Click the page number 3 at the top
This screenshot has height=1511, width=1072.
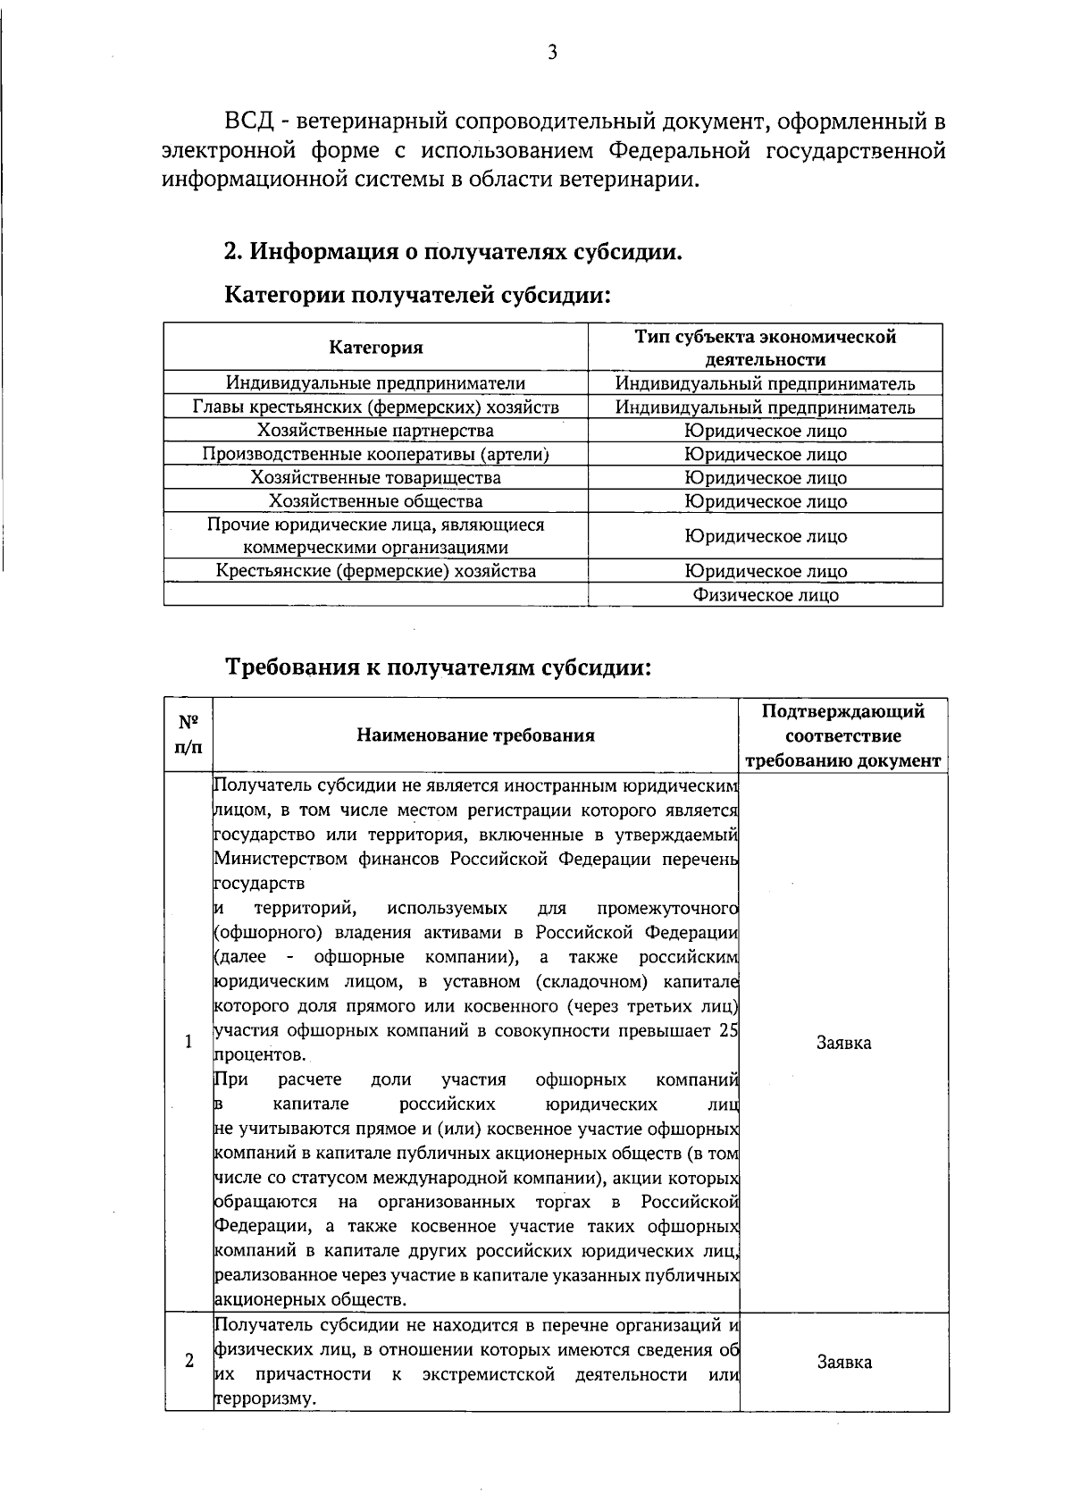pos(552,54)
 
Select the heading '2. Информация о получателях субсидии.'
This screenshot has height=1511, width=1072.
pos(453,252)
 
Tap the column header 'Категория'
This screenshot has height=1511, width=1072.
pos(376,348)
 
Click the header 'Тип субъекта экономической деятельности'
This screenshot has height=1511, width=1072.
pos(765,348)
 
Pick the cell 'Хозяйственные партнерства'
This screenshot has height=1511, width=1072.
pos(375,431)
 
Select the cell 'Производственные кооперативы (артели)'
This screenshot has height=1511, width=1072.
pos(375,454)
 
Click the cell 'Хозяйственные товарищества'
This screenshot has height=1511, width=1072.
pos(375,477)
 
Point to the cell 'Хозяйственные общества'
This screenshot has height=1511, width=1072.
pos(375,501)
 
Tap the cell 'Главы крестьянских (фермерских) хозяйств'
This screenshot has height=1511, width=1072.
pos(375,407)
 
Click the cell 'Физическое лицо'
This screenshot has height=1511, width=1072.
pos(766,595)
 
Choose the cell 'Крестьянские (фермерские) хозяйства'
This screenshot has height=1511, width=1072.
pos(375,571)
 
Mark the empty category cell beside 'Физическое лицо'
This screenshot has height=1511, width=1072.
pos(375,595)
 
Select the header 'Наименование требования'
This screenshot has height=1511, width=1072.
pos(475,735)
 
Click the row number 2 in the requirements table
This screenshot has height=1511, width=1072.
pos(188,1363)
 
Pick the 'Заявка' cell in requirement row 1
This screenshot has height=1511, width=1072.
pos(844,1043)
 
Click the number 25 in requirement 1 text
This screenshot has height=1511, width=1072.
pos(728,1030)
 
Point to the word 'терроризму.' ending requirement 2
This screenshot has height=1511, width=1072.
pos(265,1398)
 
